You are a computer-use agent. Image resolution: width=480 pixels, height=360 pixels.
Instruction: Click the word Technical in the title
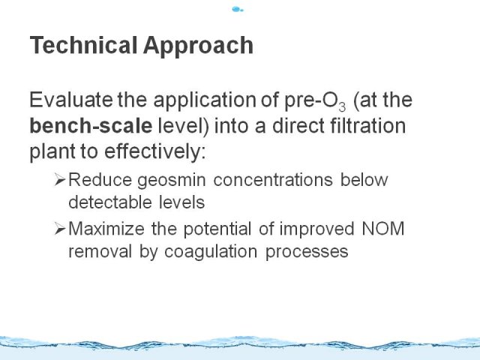tap(83, 45)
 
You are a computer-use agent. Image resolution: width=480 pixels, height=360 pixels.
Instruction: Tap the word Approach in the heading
tap(198, 46)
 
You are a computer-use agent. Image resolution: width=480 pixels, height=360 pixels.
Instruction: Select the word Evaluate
tap(71, 100)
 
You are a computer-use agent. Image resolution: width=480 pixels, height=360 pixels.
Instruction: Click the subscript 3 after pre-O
tap(342, 106)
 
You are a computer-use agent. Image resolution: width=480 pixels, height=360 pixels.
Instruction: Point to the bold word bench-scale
tap(91, 125)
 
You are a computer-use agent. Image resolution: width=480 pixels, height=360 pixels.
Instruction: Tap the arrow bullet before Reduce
tap(60, 180)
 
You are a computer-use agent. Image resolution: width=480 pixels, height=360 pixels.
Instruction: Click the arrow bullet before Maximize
tap(60, 229)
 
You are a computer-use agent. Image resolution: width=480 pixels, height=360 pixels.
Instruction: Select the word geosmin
tap(172, 181)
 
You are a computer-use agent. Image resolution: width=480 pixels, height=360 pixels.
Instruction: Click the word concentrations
tap(273, 180)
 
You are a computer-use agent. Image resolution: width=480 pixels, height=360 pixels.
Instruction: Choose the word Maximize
tap(106, 228)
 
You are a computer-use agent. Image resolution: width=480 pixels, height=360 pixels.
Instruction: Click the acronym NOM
tap(383, 228)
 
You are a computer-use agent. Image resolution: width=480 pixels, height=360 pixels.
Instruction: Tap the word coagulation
tap(211, 252)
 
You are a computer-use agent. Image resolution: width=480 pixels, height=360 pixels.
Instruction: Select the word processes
tap(307, 253)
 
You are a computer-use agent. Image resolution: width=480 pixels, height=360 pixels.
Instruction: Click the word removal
tap(100, 251)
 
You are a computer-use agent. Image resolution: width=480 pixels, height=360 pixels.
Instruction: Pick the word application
tap(205, 101)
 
